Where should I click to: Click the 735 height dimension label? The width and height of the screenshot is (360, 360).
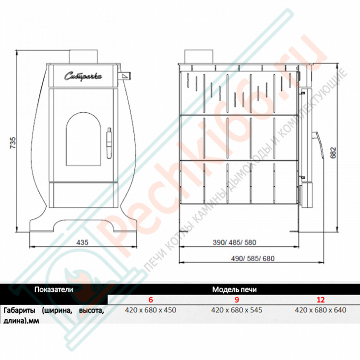coord(13,143)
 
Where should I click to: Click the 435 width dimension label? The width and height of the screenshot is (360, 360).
coord(82,242)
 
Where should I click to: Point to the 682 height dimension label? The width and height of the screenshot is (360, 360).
coord(333,153)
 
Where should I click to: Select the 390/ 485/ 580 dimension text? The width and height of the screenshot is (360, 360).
coord(234,242)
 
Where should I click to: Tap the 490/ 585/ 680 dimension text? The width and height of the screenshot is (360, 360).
coord(252,259)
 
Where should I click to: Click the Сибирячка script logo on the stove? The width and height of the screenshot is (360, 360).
coord(83,76)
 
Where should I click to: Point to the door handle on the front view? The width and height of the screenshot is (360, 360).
coord(109,143)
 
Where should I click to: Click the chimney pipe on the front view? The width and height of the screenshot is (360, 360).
coord(84,57)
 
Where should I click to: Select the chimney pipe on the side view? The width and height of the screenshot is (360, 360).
coord(199,57)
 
